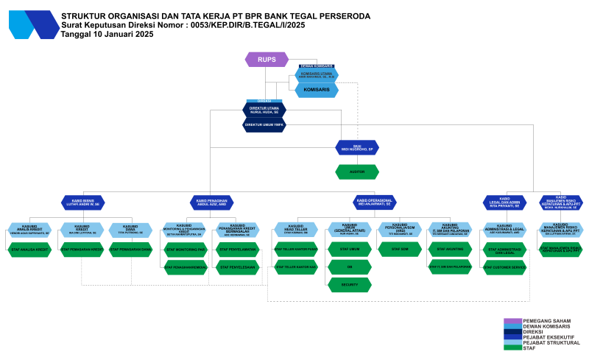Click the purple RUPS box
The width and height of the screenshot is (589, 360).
[x=266, y=60]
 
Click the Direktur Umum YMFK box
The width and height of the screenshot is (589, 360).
[x=264, y=125]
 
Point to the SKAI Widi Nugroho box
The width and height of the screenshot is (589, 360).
[x=357, y=147]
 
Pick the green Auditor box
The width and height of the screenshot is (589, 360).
[x=357, y=172]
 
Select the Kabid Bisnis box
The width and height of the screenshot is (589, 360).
[x=85, y=202]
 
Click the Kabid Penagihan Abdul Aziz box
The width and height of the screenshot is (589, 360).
[x=211, y=202]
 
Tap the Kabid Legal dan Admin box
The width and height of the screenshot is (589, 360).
[x=504, y=202]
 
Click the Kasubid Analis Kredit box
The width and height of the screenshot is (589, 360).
[x=29, y=230]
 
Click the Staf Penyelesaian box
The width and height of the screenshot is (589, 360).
[x=237, y=267]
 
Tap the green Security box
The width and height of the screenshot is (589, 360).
[x=349, y=283]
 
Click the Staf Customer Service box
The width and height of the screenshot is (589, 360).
[x=504, y=267]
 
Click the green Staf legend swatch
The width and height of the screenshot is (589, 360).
[x=512, y=347]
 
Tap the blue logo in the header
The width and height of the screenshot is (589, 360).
[x=33, y=24]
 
